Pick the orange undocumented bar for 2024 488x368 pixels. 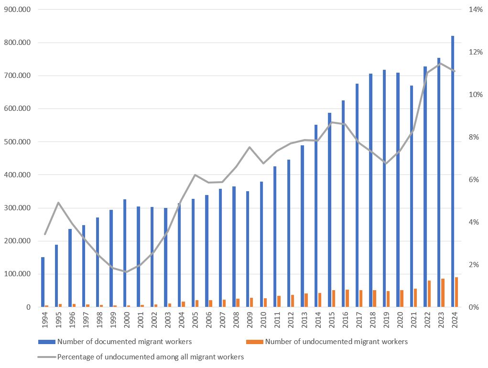coord(456,292)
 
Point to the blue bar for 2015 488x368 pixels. coord(329,210)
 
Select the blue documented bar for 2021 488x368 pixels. coord(412,196)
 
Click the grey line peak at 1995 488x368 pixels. coord(58,203)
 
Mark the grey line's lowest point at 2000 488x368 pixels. coord(127,272)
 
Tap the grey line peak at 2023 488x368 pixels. coord(441,63)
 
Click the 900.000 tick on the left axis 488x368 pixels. coord(17,10)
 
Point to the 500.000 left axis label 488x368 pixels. coord(17,142)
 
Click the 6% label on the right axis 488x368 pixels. coord(474,180)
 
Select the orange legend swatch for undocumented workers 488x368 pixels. coord(254,342)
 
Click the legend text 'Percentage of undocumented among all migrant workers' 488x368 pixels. coord(151,357)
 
